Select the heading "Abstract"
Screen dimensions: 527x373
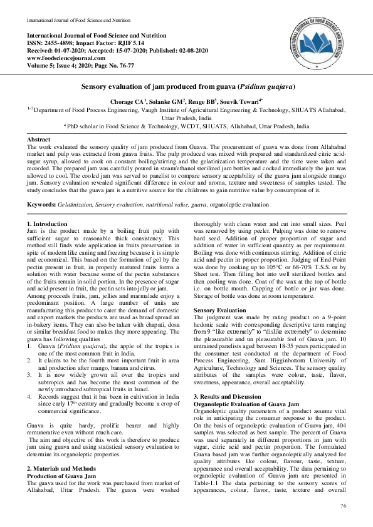point(39,138)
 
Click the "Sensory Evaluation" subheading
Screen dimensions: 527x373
point(219,310)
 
